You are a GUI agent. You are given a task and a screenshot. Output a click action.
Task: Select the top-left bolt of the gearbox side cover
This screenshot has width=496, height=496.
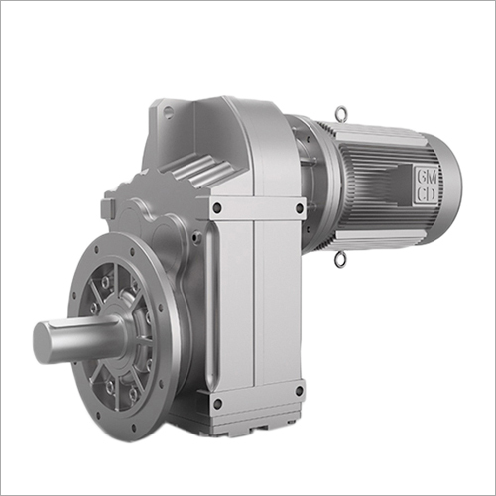(216, 208)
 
